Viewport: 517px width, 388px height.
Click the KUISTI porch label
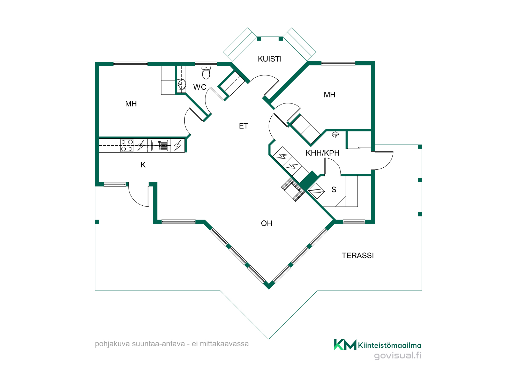[270, 59]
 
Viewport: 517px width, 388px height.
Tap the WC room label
[200, 87]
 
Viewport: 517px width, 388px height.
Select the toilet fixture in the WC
[206, 72]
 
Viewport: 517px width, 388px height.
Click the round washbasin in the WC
[182, 84]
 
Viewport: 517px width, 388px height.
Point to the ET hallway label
[244, 126]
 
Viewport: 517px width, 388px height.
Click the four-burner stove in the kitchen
[127, 145]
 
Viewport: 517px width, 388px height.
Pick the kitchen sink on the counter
[159, 145]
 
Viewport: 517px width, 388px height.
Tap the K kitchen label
[143, 165]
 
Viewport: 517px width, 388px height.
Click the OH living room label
[267, 223]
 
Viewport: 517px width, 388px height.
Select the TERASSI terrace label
[358, 256]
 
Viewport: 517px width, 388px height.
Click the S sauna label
[334, 190]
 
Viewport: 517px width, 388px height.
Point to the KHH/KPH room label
[322, 153]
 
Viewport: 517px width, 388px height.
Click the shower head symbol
[335, 135]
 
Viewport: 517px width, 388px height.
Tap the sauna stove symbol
[316, 191]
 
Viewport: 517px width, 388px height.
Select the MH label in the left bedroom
[131, 104]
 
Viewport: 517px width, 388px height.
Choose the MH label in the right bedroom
[330, 95]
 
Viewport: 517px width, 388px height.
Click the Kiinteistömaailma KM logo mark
[345, 345]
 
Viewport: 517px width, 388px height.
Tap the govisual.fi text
[398, 355]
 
